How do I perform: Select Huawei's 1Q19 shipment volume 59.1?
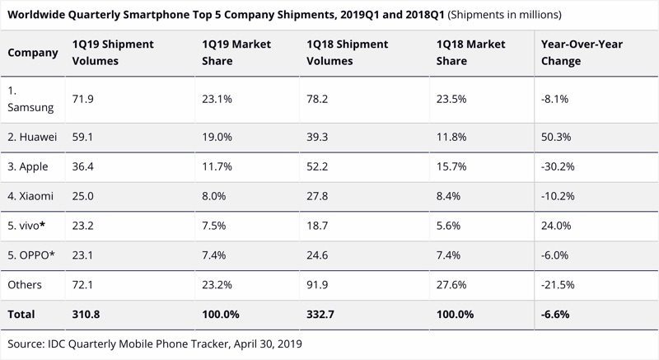click(85, 135)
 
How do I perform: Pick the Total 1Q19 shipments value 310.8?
click(88, 315)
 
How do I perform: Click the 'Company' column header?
click(33, 54)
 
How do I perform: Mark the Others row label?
click(26, 284)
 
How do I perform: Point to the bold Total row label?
click(22, 315)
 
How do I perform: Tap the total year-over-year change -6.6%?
click(556, 315)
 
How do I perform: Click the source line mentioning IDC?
click(154, 344)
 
